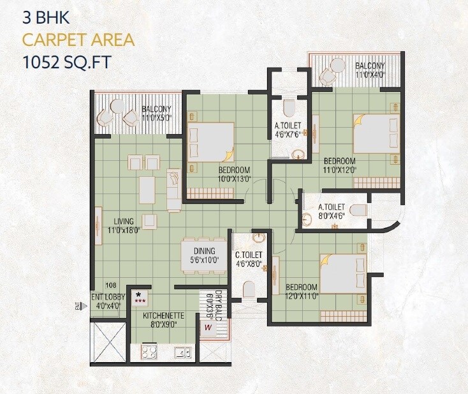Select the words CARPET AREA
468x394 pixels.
[x=78, y=40]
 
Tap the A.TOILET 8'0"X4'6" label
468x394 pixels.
[x=332, y=211]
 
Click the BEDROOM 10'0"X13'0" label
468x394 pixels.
[x=234, y=174]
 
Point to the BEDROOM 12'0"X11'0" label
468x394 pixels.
[x=302, y=291]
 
